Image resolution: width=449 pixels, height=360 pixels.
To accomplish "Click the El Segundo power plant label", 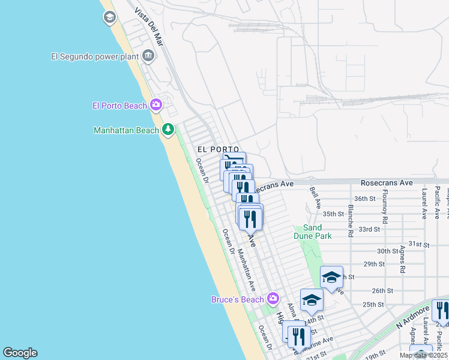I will click(95, 58).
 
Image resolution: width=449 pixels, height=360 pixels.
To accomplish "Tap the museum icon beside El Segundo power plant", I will click(148, 57).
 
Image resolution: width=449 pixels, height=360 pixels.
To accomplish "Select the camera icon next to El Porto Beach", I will click(156, 106).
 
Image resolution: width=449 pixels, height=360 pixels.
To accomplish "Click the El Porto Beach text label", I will click(119, 106).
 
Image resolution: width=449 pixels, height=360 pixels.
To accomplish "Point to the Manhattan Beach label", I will click(126, 130).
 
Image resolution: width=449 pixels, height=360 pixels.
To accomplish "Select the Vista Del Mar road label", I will click(150, 28).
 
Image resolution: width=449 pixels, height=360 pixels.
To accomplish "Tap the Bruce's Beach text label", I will click(238, 299).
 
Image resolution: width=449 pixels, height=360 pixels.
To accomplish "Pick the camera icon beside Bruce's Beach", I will click(273, 298).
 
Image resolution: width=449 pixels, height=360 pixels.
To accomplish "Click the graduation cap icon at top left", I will click(109, 17).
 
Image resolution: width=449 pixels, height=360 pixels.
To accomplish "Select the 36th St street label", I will click(364, 199).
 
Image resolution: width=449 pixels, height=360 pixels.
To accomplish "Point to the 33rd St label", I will click(369, 229).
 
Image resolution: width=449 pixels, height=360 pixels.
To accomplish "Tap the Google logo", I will click(20, 353).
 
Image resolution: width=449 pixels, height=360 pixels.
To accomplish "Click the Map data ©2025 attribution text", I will click(423, 355).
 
